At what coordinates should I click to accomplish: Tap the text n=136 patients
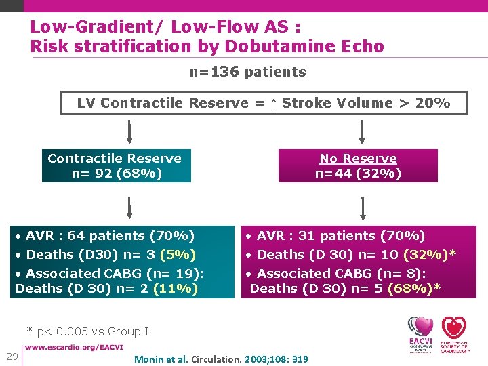(247, 72)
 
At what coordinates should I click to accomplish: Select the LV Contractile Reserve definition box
(263, 103)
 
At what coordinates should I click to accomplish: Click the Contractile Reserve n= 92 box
(115, 166)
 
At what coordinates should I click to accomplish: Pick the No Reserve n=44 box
(358, 166)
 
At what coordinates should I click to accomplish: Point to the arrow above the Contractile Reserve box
(129, 131)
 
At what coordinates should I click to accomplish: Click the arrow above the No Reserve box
(362, 131)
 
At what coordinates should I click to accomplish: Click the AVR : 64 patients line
(105, 236)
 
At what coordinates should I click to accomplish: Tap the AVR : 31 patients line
(335, 236)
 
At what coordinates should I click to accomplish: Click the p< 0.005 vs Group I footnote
(87, 331)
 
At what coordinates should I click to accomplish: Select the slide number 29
(12, 357)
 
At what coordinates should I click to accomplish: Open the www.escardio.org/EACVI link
(75, 348)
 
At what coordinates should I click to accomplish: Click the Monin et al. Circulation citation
(222, 359)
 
